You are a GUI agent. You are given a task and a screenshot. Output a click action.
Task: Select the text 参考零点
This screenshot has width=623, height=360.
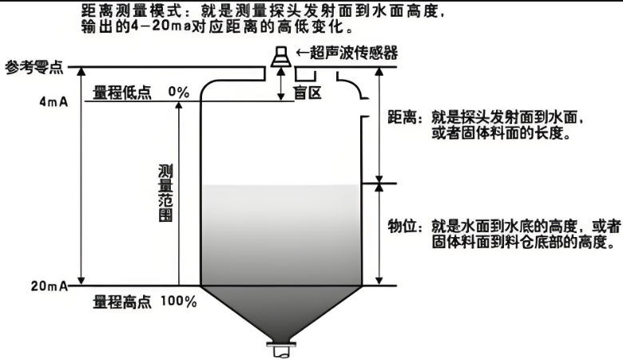click(34, 68)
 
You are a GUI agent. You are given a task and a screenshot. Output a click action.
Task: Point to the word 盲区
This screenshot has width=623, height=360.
click(308, 93)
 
